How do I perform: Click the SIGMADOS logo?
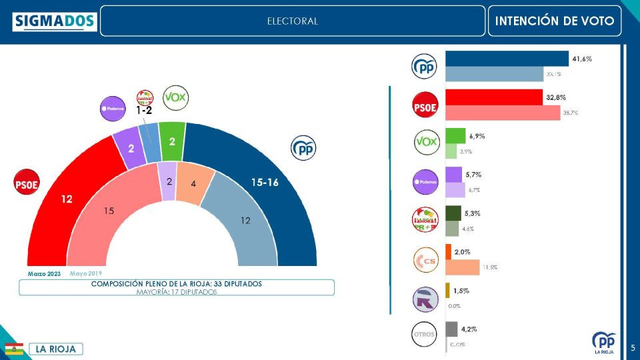click(x=55, y=21)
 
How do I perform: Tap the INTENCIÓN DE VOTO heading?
click(x=555, y=21)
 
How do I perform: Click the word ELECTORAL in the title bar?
click(x=293, y=21)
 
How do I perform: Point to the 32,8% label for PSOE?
click(x=556, y=97)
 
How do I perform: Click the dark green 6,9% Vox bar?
click(x=455, y=136)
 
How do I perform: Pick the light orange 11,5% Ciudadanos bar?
click(x=462, y=267)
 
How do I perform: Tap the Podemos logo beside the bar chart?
click(x=426, y=181)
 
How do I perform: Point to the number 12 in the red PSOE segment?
click(x=67, y=199)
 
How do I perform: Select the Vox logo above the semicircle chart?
click(x=176, y=98)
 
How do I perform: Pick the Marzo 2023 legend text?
click(x=44, y=274)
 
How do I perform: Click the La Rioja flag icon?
click(x=15, y=349)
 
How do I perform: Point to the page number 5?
click(x=632, y=347)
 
